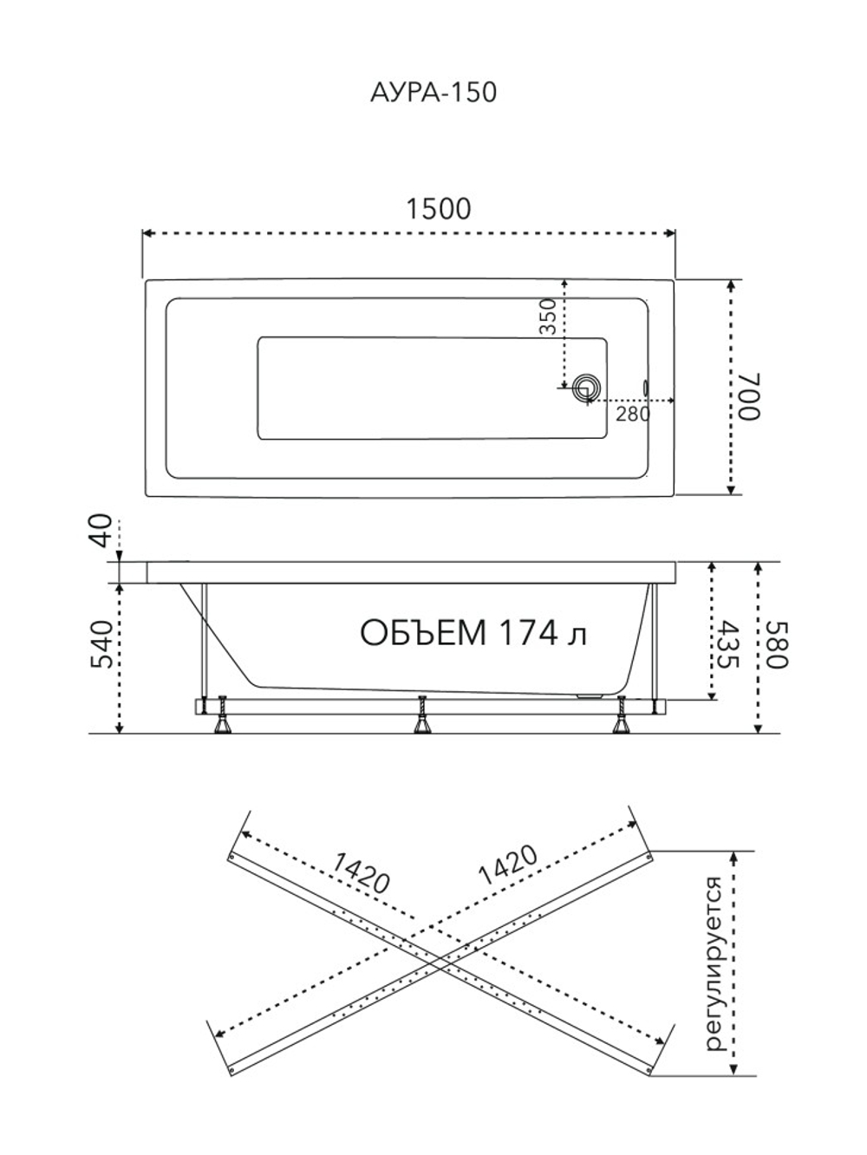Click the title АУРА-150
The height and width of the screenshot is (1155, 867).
coord(433,93)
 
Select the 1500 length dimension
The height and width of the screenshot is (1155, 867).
coord(439,209)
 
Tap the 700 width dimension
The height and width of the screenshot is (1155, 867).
coord(749,396)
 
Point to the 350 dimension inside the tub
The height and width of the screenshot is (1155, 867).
coord(548,316)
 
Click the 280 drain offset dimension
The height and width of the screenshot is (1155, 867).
coord(633,414)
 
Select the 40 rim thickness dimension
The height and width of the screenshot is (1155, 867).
coord(101,530)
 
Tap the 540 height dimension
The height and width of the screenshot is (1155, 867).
coord(102,645)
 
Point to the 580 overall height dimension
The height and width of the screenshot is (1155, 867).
coord(777,645)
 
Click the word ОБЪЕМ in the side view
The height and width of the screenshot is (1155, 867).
coord(423,632)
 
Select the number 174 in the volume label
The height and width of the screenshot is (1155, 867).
coord(528,632)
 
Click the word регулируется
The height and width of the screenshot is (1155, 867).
coord(717,964)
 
